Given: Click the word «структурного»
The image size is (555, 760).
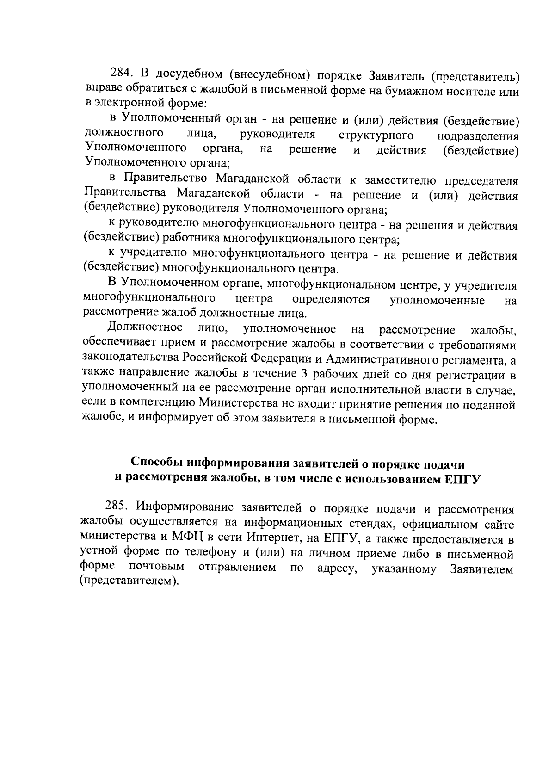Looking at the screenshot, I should click(x=376, y=135).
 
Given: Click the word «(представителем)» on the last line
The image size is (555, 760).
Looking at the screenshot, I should click(x=129, y=580).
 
